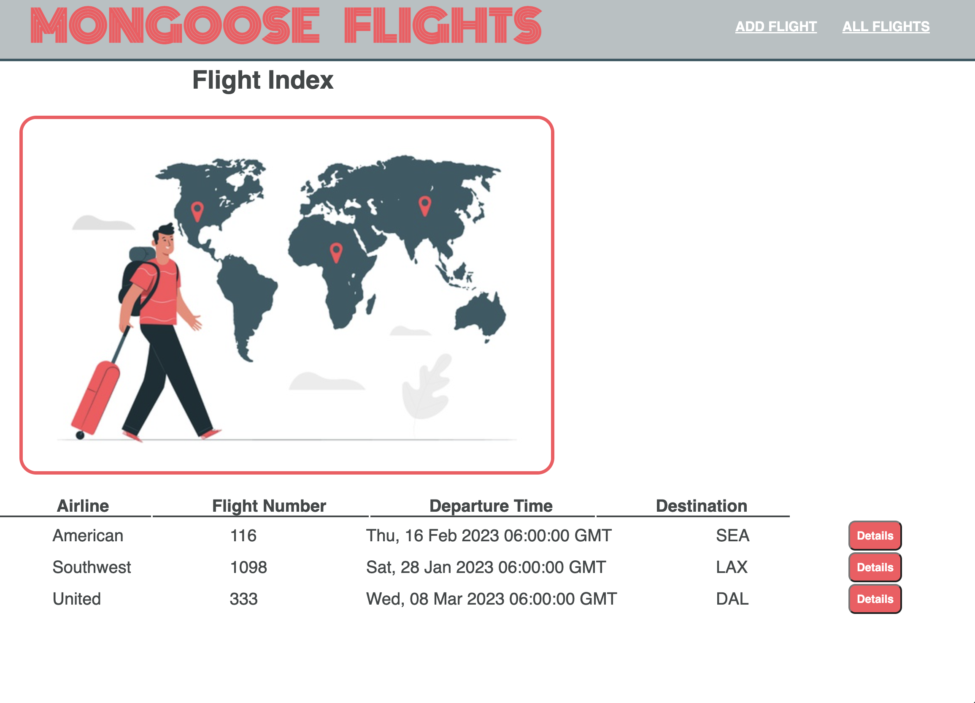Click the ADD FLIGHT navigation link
[x=776, y=27]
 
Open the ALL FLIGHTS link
[x=886, y=27]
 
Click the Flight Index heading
[x=263, y=80]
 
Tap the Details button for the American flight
[x=875, y=536]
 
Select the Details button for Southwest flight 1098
[x=875, y=567]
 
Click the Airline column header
[x=83, y=506]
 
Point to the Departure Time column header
[x=491, y=506]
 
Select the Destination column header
[x=702, y=506]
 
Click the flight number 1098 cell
[x=248, y=567]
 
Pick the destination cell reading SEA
[x=732, y=536]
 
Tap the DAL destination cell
[x=732, y=599]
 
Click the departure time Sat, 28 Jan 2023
[x=486, y=567]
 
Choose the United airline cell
[x=76, y=599]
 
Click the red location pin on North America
[x=197, y=211]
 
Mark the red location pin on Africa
[x=336, y=252]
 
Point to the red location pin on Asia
[x=425, y=206]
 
